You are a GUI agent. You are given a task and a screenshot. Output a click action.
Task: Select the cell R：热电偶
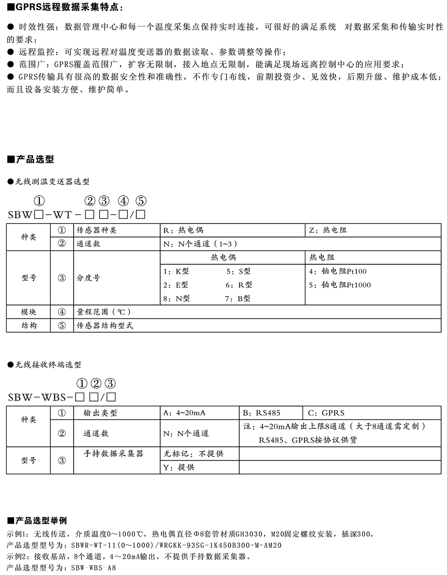coord(184,230)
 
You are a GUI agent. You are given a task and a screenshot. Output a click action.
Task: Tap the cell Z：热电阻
coord(328,230)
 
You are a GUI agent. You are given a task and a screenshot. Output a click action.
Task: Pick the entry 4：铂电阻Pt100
coord(338,271)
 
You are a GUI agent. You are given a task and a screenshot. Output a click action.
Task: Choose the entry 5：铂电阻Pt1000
coord(340,285)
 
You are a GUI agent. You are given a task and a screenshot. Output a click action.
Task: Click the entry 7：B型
coord(238,299)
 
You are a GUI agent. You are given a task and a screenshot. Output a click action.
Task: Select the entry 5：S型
coord(238,271)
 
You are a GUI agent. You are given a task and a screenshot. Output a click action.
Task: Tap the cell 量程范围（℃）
coord(104,312)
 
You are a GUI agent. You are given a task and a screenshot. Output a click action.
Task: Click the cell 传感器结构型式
coord(105,326)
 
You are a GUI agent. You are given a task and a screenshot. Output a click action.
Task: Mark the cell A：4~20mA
coord(184,413)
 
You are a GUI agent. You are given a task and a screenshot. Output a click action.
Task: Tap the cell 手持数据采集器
coord(114,454)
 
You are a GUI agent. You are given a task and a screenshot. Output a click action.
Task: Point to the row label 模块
coord(29,312)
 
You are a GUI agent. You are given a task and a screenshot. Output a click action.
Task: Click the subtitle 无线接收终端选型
coord(48,365)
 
